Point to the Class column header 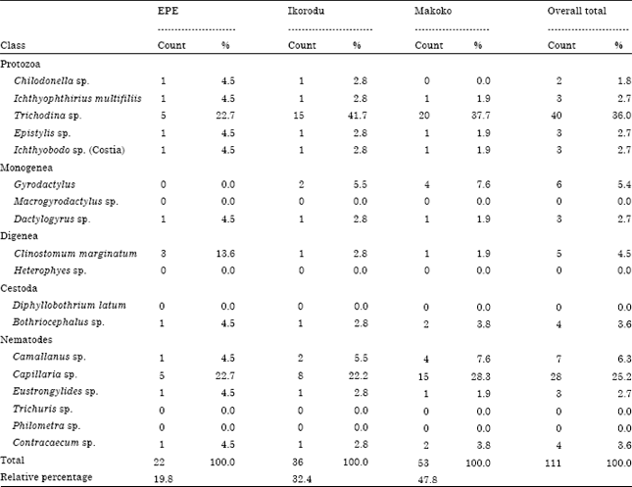[x=14, y=46]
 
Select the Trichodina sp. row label [x=47, y=115]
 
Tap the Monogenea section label [x=24, y=167]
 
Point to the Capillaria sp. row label [x=46, y=374]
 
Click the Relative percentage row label [x=45, y=476]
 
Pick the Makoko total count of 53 [x=422, y=460]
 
